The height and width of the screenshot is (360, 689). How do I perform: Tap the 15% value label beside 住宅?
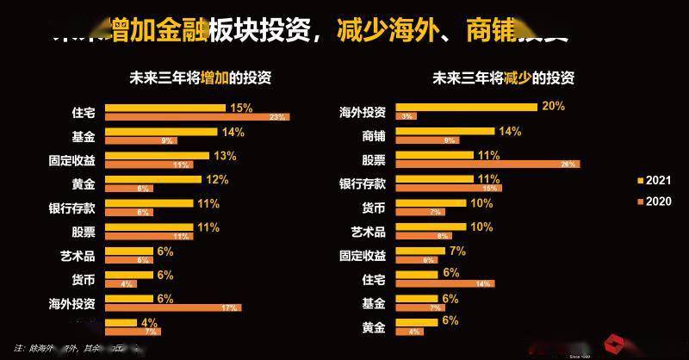241,108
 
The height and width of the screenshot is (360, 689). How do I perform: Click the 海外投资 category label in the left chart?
71,303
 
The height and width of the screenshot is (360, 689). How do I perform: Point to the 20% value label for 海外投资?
552,106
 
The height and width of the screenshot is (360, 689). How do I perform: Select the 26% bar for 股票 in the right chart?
487,164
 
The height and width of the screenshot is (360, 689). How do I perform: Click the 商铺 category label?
369,136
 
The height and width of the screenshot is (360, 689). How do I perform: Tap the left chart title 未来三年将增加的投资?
200,78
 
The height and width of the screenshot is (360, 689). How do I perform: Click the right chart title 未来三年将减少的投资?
504,78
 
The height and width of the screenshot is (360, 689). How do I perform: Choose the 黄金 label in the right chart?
369,326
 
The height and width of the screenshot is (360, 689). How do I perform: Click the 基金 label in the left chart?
83,136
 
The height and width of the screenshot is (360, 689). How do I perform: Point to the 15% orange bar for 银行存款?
448,188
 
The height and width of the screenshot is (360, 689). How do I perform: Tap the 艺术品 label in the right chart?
363,232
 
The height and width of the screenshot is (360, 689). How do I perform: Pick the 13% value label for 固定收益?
225,155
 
